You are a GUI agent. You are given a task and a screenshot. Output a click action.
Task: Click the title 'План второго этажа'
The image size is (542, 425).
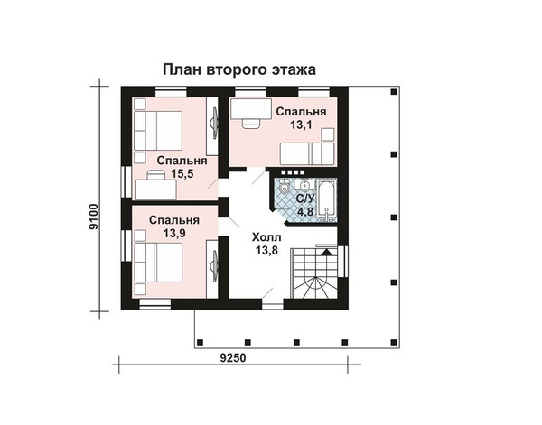(x=239, y=69)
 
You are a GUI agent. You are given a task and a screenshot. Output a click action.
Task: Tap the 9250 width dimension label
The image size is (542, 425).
(x=233, y=358)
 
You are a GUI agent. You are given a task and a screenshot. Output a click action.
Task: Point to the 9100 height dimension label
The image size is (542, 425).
(x=93, y=217)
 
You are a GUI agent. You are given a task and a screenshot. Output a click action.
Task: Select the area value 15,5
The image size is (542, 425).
(x=182, y=173)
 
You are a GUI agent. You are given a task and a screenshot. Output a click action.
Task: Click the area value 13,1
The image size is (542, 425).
(x=301, y=125)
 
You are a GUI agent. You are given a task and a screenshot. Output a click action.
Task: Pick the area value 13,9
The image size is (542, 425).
(x=174, y=234)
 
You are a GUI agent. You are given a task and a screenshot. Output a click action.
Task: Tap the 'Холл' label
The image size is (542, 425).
(x=266, y=237)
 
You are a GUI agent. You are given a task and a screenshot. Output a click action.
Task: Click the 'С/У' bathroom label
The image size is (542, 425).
(x=305, y=199)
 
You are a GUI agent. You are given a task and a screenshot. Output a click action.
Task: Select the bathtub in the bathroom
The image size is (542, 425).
(x=327, y=200)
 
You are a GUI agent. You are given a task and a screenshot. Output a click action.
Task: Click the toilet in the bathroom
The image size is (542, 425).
(x=285, y=187)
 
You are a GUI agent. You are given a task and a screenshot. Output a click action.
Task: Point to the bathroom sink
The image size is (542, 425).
(x=304, y=185)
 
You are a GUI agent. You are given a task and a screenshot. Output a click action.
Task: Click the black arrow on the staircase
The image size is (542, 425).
(x=325, y=252)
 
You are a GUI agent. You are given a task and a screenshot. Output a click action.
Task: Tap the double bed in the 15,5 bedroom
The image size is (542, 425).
(x=158, y=131)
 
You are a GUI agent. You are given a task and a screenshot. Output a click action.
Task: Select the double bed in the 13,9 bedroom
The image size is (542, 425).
(x=158, y=263)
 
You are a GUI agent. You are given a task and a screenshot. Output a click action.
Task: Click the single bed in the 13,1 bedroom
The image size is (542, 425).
(x=307, y=153)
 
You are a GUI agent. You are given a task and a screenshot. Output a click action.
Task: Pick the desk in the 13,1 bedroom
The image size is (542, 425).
(x=251, y=109)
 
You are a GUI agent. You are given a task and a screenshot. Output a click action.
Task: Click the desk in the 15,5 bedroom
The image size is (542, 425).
(x=156, y=189)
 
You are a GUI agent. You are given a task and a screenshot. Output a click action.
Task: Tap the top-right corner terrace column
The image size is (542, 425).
(x=393, y=92)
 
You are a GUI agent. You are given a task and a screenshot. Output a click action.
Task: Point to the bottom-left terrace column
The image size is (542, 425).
(x=200, y=342)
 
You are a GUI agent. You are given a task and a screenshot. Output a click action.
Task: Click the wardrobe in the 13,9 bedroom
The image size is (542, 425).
(x=212, y=268)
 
